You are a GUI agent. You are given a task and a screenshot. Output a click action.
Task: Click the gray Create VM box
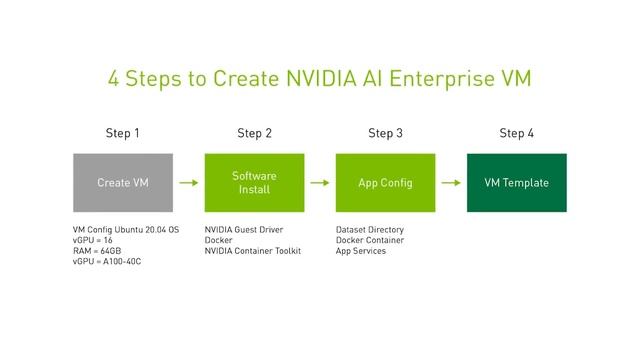pos(123,183)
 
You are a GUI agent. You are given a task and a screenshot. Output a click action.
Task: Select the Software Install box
pos(254,183)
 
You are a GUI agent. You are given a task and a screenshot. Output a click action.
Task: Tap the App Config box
pos(385,183)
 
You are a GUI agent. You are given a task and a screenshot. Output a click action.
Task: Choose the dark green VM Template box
pos(516,183)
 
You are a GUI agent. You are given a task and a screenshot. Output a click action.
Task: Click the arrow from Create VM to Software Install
pos(188,183)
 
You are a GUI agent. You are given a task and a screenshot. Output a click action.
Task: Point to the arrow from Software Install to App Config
pos(320,183)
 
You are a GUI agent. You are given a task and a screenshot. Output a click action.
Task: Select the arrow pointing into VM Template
pos(451,183)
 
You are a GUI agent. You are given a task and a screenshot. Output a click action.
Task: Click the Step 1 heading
pos(123,133)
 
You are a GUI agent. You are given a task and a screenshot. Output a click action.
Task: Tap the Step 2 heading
pos(254,133)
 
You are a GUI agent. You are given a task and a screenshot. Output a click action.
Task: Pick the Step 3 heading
pos(385,133)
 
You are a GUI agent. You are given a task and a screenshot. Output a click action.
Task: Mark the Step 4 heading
pos(516,133)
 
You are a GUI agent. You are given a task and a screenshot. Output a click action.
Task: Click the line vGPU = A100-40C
pos(107,262)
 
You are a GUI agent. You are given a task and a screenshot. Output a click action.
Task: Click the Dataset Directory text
pos(370,229)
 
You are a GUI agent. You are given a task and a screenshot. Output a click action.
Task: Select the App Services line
pos(361,251)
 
